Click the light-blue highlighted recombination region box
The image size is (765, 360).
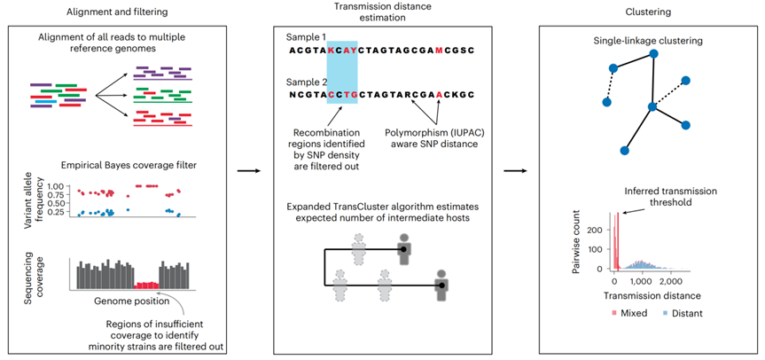point(342,72)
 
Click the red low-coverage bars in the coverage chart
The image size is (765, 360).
point(147,285)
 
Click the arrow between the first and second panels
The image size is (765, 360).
point(246,171)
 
